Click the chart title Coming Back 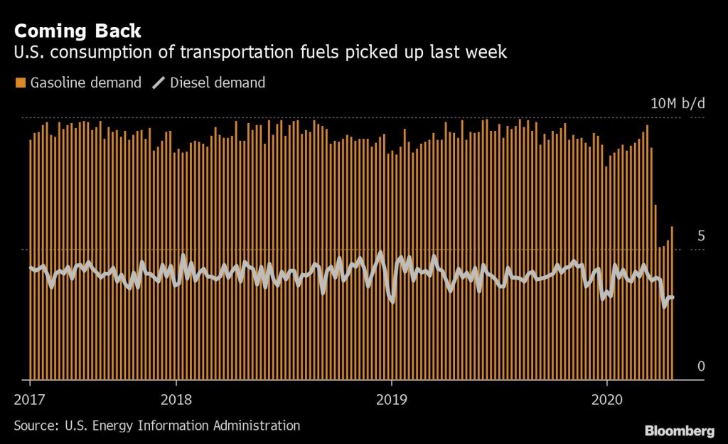(x=77, y=31)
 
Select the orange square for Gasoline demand (x=19, y=83)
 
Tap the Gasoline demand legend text (x=85, y=83)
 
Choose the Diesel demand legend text (x=218, y=83)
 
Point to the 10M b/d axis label (x=678, y=103)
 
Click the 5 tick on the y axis (x=700, y=236)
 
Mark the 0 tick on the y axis (x=700, y=366)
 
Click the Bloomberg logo (x=679, y=430)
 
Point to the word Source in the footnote (x=34, y=425)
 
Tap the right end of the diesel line (x=673, y=297)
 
